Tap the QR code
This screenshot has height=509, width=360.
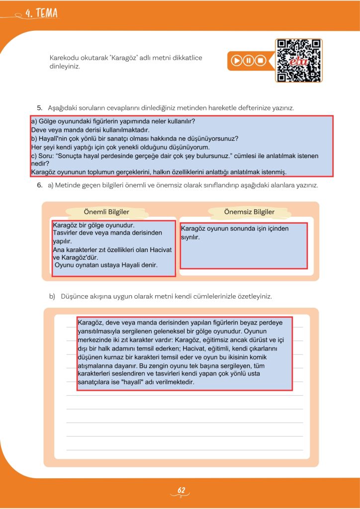299,60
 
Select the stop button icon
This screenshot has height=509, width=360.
260,61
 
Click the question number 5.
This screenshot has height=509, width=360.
39,107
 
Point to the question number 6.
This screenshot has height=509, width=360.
39,185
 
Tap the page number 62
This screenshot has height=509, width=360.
181,491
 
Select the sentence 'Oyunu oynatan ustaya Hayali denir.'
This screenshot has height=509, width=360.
106,265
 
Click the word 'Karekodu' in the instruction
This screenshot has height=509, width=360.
64,58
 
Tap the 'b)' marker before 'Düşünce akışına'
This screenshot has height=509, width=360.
52,296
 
